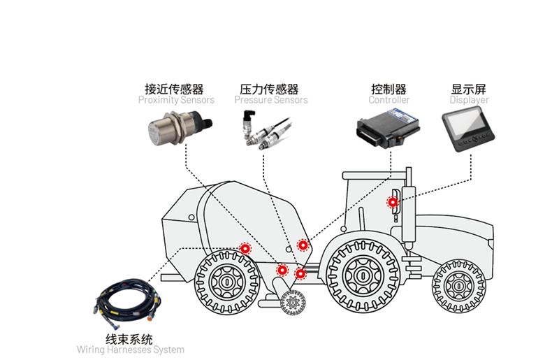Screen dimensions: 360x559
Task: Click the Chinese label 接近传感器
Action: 174,89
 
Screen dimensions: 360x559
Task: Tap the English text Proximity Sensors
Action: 176,100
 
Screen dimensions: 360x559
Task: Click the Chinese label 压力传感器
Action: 269,89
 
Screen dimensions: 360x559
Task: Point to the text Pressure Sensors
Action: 270,100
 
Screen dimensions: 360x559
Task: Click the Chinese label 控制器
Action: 389,89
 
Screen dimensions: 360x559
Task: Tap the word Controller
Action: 389,100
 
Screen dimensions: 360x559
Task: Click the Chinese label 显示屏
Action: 469,89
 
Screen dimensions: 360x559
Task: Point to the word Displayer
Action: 469,100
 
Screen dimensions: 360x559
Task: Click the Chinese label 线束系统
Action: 129,339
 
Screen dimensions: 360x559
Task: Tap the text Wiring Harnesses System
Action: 131,350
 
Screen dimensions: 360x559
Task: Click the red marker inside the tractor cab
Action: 393,202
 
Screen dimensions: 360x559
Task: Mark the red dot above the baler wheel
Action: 245,248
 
